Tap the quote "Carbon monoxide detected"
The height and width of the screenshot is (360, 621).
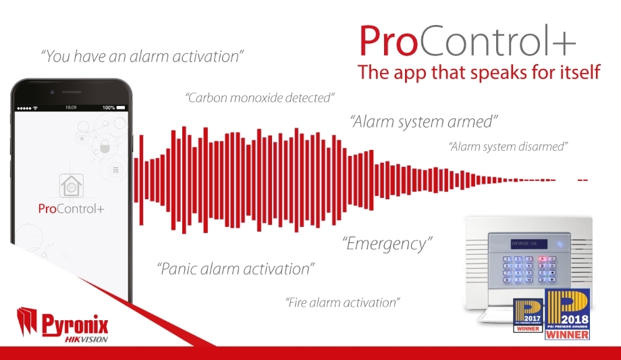[x=260, y=98]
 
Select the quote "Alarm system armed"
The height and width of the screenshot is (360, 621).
[x=424, y=122]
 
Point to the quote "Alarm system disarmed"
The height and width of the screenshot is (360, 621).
[x=508, y=146]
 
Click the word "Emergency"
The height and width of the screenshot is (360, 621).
[x=387, y=243]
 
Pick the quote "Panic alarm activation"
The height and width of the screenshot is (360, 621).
[x=236, y=269]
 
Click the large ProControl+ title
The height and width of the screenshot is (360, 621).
[x=467, y=42]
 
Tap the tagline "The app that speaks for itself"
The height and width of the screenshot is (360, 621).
[x=479, y=72]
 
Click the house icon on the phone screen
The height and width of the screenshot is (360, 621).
[x=71, y=184]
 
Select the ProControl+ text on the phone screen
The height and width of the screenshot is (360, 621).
[x=71, y=208]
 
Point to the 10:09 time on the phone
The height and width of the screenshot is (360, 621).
[x=71, y=107]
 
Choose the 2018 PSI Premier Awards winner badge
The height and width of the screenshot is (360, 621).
[x=568, y=313]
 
